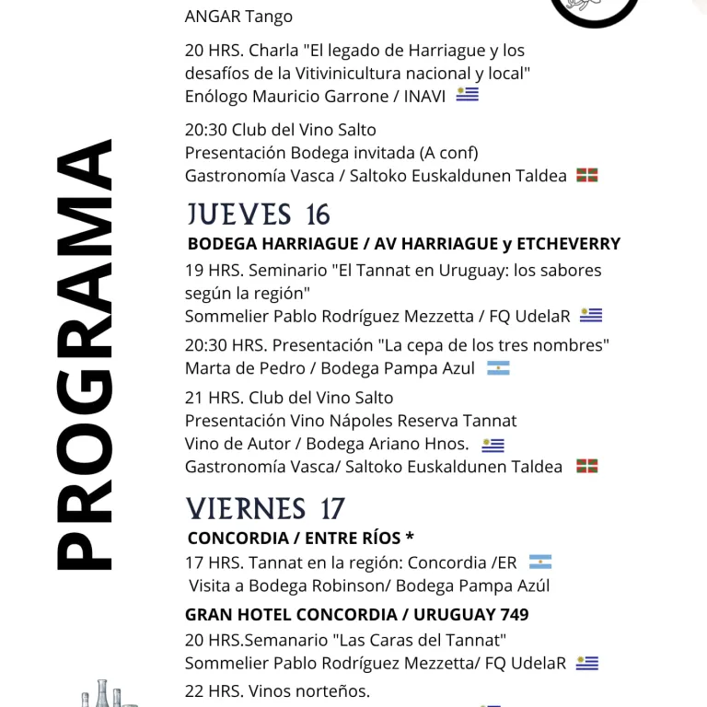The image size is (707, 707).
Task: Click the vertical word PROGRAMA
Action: click(84, 354)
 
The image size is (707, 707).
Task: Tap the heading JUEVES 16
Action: click(259, 214)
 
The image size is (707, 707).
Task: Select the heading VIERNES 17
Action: click(265, 508)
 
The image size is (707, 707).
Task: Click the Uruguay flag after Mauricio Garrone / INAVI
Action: click(468, 94)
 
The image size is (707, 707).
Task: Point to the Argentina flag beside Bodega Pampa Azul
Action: click(498, 368)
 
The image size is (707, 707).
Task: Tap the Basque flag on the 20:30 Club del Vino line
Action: click(587, 175)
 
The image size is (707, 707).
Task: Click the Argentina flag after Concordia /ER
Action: click(540, 562)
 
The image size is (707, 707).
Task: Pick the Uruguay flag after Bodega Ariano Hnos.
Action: click(493, 446)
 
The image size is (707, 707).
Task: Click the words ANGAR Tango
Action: click(238, 17)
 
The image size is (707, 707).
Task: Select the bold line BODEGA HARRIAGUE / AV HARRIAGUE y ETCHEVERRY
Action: click(403, 244)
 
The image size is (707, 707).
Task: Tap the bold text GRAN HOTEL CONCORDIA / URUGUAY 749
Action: click(356, 614)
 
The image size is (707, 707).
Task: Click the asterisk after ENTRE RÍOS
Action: click(410, 538)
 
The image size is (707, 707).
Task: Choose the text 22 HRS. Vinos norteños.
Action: click(277, 690)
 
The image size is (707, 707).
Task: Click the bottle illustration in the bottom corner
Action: click(103, 694)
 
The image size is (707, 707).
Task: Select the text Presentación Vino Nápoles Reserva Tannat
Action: click(351, 421)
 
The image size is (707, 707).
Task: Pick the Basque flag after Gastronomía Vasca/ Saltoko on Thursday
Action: click(587, 467)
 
